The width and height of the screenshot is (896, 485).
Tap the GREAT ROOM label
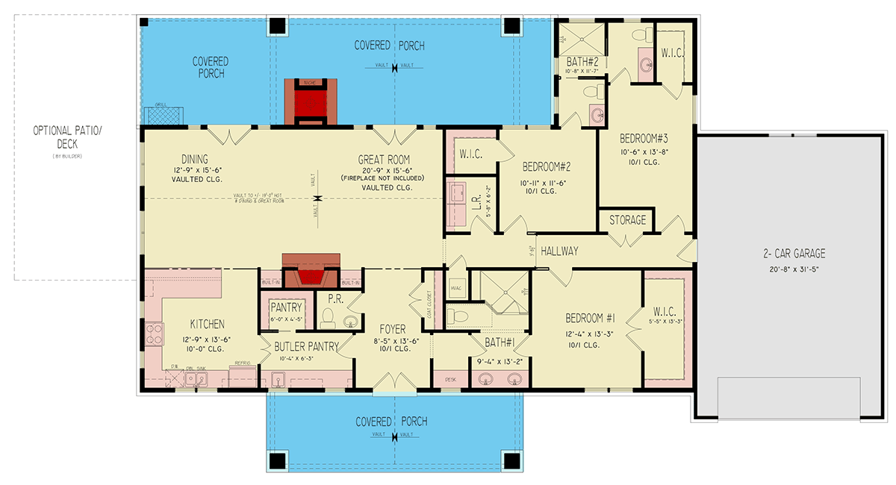pyautogui.click(x=384, y=160)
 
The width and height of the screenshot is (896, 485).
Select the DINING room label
pyautogui.click(x=194, y=159)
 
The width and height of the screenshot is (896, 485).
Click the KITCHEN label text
pyautogui.click(x=207, y=325)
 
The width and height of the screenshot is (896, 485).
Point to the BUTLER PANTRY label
pyautogui.click(x=306, y=346)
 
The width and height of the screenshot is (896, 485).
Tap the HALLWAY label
pyautogui.click(x=559, y=251)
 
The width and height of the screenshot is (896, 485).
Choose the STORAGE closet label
pyautogui.click(x=627, y=221)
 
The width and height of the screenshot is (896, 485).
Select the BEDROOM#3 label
pyautogui.click(x=643, y=139)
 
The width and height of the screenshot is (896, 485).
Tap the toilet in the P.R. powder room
pyautogui.click(x=326, y=319)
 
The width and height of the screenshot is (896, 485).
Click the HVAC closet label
pyautogui.click(x=455, y=287)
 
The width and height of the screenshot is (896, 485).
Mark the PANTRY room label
pyautogui.click(x=286, y=307)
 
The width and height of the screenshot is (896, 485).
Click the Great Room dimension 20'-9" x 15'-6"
pyautogui.click(x=384, y=170)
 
